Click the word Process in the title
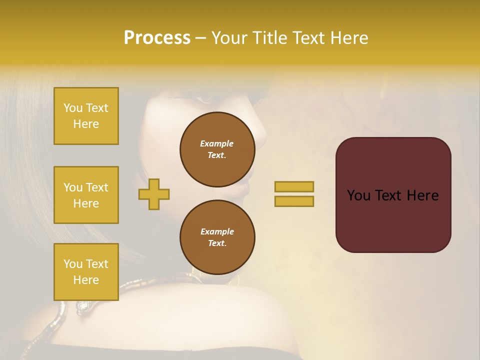tap(157, 38)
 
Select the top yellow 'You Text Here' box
tap(86, 116)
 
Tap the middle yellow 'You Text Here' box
tap(86, 195)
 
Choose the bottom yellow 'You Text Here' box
tap(86, 272)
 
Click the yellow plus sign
tap(154, 194)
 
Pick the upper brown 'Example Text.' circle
tap(217, 149)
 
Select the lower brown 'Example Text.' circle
tap(217, 237)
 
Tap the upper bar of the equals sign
tap(294, 187)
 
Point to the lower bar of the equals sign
tap(294, 201)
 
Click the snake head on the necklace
tap(83, 305)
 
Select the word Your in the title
tap(229, 38)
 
